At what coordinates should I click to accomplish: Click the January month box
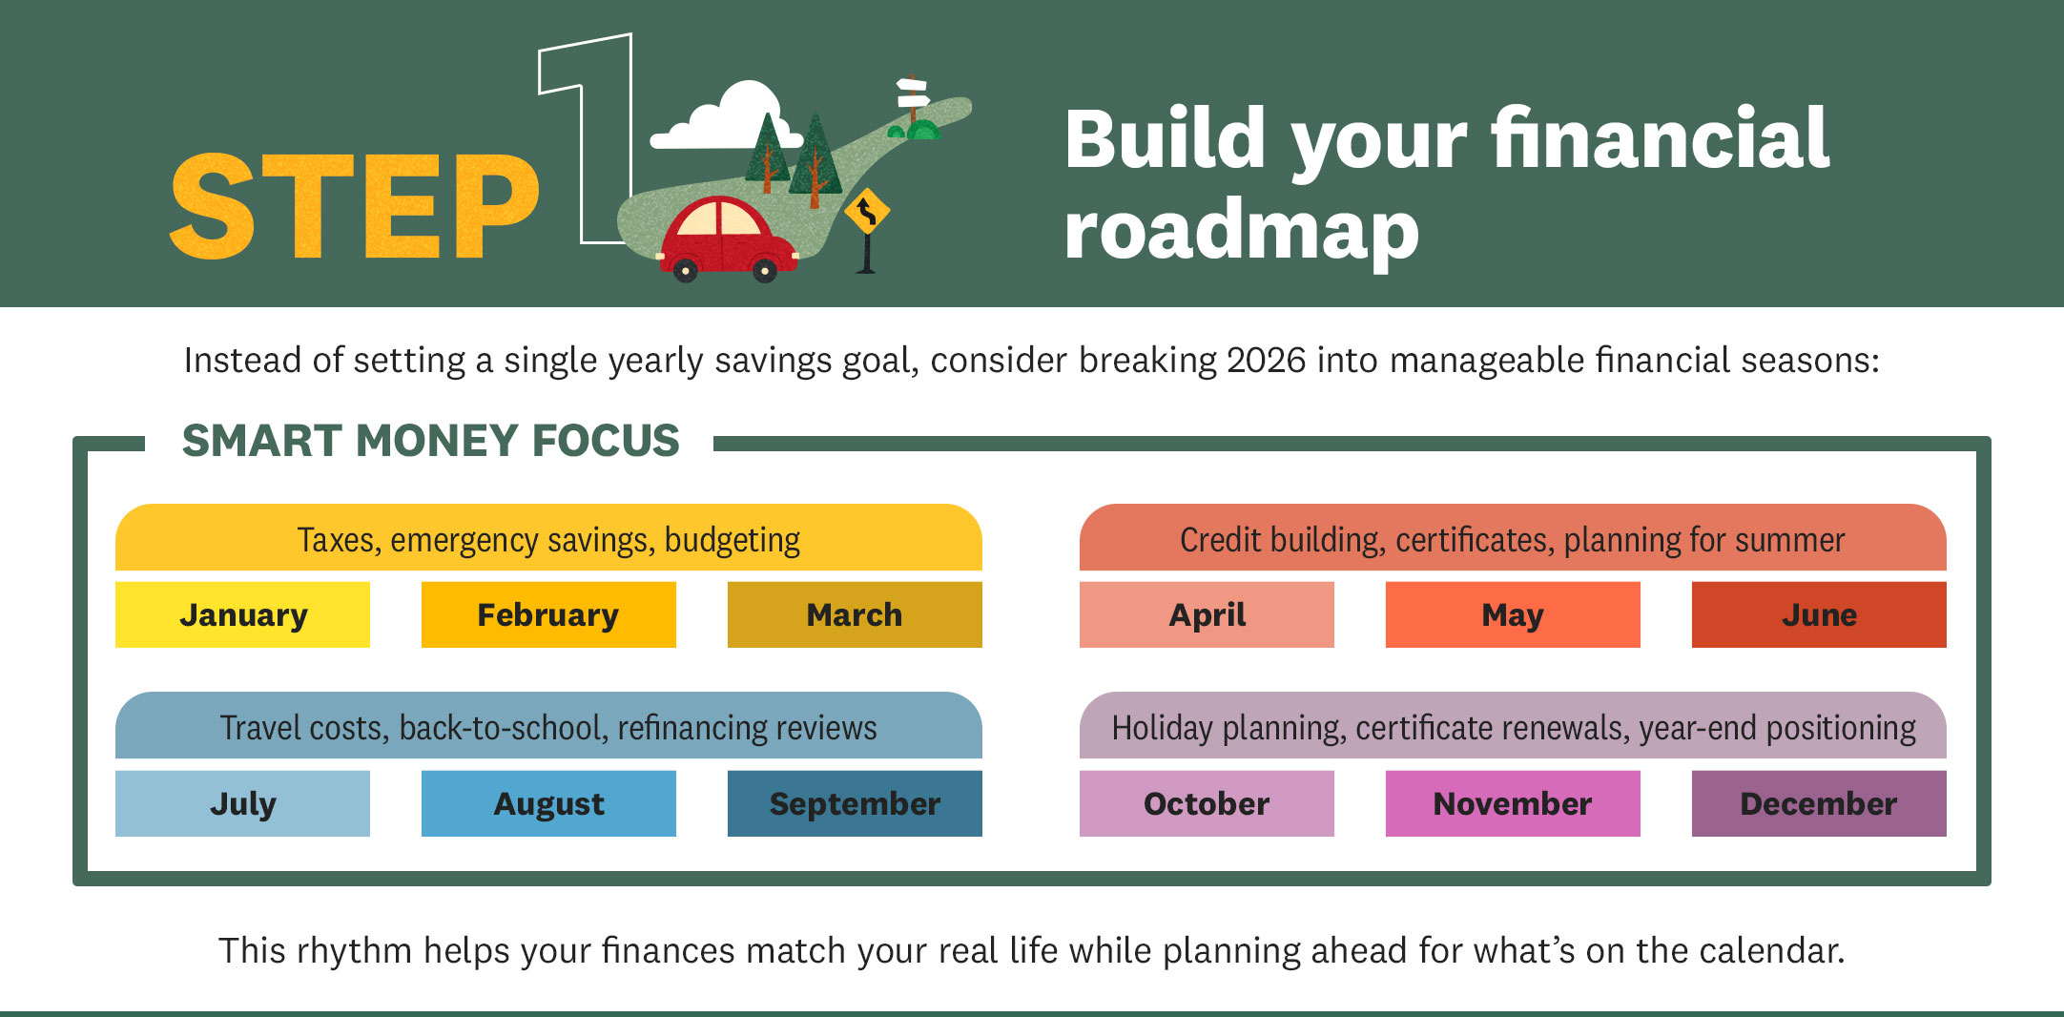click(242, 614)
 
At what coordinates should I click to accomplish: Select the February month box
click(548, 614)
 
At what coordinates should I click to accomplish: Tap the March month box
click(855, 614)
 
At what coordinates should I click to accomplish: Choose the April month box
click(1207, 614)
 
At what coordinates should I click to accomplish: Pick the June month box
click(1819, 614)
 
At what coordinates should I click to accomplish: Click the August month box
click(548, 803)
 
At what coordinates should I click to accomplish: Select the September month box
click(855, 803)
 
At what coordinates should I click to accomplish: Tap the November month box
click(1513, 803)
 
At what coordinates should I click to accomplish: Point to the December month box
click(1819, 803)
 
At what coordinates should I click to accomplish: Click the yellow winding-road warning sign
click(867, 212)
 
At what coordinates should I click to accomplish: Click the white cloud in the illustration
click(725, 118)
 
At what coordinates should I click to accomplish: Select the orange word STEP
click(354, 206)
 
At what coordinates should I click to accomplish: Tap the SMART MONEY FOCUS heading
click(431, 441)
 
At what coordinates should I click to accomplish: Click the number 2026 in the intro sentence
click(1266, 361)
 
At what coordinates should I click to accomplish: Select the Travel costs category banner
click(548, 726)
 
